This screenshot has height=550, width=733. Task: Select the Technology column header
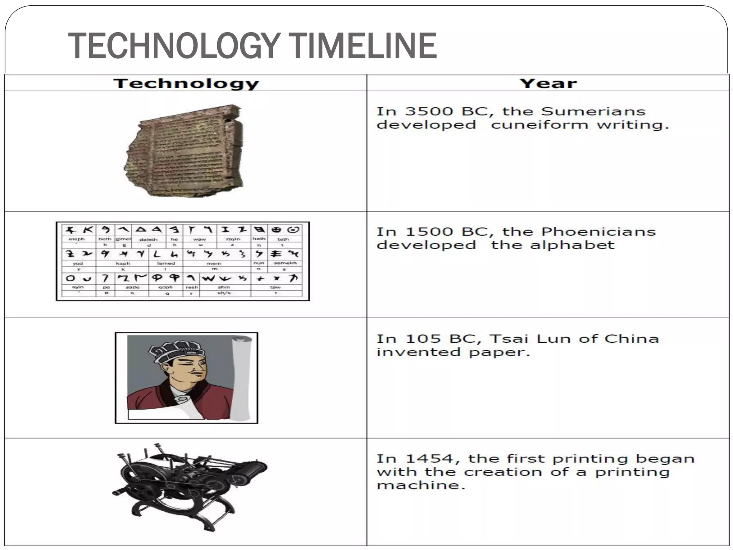coord(186,83)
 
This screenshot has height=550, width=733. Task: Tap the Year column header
coord(548,83)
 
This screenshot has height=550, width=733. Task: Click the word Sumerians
coord(593,111)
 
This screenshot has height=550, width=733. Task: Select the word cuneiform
coord(539,125)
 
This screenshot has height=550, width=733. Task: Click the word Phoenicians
coord(598,232)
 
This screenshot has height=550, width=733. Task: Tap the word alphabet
coord(572,245)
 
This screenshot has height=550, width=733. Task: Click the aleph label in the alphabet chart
coord(77,239)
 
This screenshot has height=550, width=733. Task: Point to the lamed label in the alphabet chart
coord(166,263)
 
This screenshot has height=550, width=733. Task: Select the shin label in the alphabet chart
coord(224,287)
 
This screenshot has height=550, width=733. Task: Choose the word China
coord(631,339)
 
